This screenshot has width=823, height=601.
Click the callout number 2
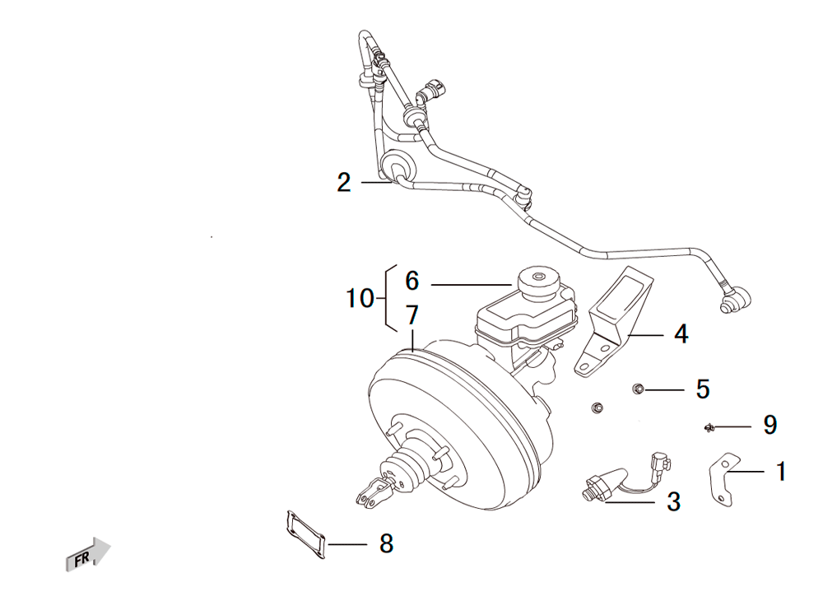tap(344, 182)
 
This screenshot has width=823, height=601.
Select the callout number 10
tap(360, 298)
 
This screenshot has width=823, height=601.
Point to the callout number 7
tap(412, 314)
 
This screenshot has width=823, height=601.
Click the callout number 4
tap(681, 333)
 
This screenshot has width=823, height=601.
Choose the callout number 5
tap(703, 389)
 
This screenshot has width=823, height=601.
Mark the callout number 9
tap(770, 425)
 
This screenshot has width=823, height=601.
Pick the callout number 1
tap(781, 472)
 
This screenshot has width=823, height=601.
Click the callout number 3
tap(673, 501)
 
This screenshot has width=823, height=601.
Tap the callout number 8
tap(386, 543)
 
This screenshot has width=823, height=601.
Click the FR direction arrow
tap(88, 555)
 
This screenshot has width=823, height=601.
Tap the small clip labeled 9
tap(709, 428)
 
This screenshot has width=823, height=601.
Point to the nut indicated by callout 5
tap(639, 389)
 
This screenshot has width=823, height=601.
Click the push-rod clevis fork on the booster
tap(372, 493)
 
